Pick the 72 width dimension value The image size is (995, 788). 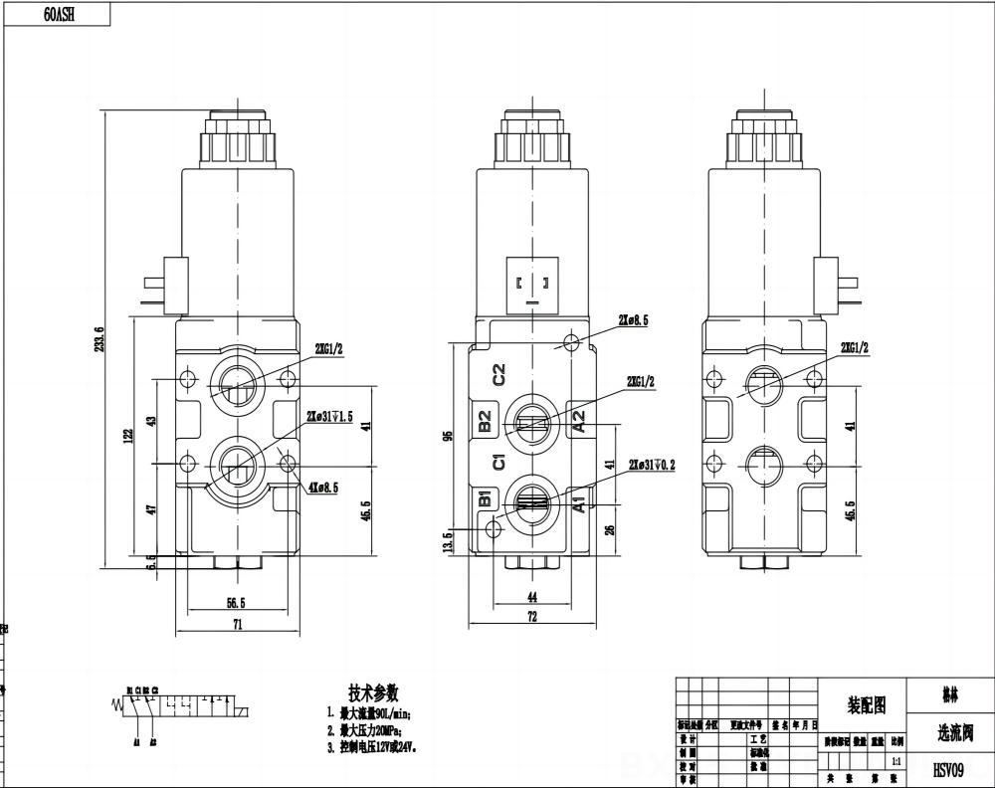click(x=532, y=618)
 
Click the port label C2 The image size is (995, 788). click(x=500, y=374)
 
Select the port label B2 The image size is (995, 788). click(x=486, y=421)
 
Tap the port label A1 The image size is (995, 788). click(x=578, y=502)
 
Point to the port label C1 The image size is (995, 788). click(x=500, y=462)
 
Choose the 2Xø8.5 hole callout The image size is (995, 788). click(x=633, y=320)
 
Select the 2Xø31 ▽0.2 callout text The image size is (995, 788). click(x=652, y=465)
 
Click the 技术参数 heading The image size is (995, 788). click(x=373, y=692)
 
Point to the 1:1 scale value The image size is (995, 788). click(x=896, y=761)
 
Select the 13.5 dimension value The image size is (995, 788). click(x=448, y=542)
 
